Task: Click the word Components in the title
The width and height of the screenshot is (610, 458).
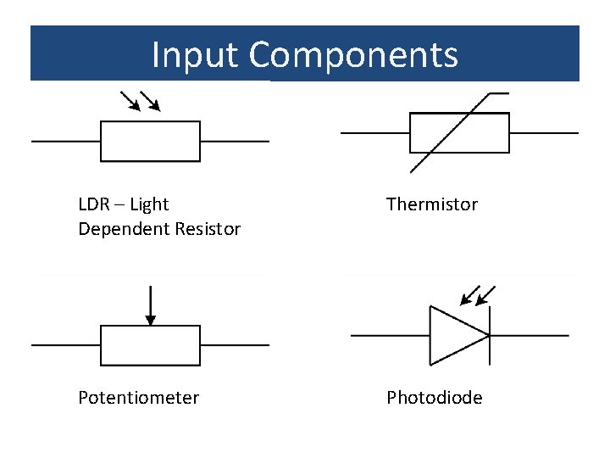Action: point(353,55)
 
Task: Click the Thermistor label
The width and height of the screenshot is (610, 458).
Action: point(432,204)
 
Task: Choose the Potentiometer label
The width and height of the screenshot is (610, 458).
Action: point(139,398)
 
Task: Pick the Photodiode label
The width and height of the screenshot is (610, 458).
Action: point(435,398)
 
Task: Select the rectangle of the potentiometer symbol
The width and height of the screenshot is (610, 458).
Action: point(151,345)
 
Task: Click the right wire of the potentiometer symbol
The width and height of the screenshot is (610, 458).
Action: point(235,345)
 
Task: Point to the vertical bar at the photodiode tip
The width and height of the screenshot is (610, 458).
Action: point(490,335)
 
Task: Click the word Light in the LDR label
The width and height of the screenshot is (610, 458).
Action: point(150,204)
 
